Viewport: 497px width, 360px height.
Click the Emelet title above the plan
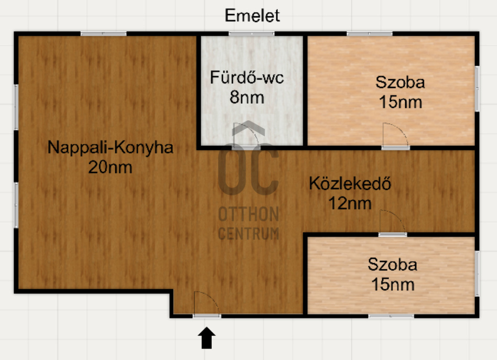(x=252, y=16)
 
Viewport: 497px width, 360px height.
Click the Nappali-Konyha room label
(x=110, y=147)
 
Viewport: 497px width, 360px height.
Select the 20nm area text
(x=110, y=167)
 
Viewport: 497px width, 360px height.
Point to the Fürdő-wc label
(x=247, y=78)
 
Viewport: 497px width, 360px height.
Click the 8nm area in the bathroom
(x=247, y=97)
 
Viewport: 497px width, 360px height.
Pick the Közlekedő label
(x=351, y=184)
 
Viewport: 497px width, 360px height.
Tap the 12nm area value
(x=350, y=203)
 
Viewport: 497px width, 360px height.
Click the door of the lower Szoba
(x=393, y=222)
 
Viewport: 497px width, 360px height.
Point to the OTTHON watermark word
(x=248, y=214)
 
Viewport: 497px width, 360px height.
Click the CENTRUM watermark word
(x=248, y=234)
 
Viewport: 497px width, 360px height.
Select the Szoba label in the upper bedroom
(x=400, y=82)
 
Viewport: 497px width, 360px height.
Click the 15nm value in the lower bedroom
(x=393, y=285)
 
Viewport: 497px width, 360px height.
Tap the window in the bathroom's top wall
(x=251, y=34)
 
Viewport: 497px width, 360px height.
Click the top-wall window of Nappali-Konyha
(x=103, y=34)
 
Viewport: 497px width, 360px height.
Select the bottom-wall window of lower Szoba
(x=390, y=316)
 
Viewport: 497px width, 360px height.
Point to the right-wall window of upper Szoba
(x=477, y=88)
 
